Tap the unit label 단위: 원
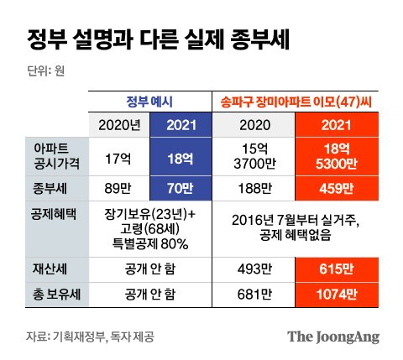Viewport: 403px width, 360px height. point(40,70)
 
